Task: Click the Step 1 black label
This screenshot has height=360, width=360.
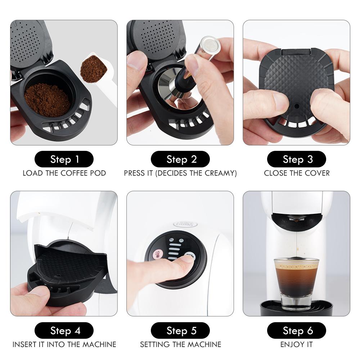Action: click(x=64, y=159)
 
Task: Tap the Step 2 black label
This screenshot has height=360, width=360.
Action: click(x=180, y=159)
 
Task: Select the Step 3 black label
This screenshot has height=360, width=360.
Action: click(x=296, y=159)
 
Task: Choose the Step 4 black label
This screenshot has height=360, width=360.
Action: click(x=64, y=330)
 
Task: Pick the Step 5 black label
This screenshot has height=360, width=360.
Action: click(x=180, y=330)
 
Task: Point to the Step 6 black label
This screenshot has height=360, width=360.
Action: click(x=296, y=330)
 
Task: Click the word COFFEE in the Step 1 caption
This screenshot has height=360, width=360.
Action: click(x=74, y=173)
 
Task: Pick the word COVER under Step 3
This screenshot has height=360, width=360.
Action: click(x=317, y=173)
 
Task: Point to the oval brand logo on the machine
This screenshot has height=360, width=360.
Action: click(x=185, y=224)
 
